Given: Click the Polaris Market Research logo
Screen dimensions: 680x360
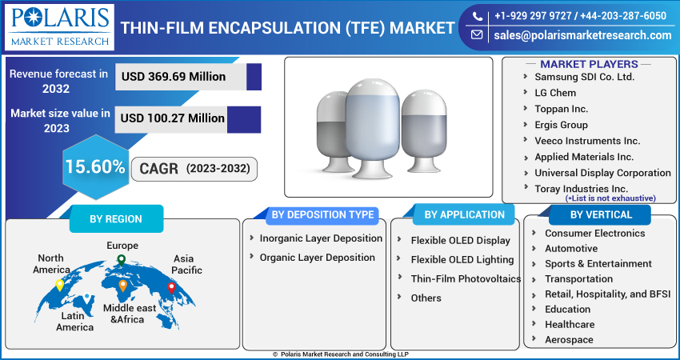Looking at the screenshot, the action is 59,27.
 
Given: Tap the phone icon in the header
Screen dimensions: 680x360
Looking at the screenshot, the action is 477,17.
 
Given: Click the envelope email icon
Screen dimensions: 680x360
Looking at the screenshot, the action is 477,34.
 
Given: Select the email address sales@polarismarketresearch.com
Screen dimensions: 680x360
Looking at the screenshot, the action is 582,35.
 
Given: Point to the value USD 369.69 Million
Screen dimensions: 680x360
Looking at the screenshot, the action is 174,77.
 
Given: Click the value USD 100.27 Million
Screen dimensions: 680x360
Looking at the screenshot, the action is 172,118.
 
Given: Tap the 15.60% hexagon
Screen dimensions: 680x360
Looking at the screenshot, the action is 95,167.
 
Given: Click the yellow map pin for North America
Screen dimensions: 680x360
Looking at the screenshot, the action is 60,285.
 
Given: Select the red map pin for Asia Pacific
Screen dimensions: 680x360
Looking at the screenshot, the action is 171,287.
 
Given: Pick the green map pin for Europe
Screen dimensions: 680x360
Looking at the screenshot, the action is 122,260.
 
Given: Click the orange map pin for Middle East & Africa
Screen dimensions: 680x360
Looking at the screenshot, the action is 122,286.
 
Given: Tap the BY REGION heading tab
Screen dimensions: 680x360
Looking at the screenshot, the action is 116,219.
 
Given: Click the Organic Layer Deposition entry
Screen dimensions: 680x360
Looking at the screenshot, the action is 317,258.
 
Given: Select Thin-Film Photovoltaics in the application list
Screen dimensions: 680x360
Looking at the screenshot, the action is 466,278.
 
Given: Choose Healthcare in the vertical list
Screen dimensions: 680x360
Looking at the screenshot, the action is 570,325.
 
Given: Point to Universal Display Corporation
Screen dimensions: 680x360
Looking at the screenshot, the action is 602,173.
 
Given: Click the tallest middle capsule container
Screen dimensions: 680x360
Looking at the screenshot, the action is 373,129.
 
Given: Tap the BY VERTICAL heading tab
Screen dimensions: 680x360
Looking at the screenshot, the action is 601,214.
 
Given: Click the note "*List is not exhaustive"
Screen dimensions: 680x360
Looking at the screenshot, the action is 610,198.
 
